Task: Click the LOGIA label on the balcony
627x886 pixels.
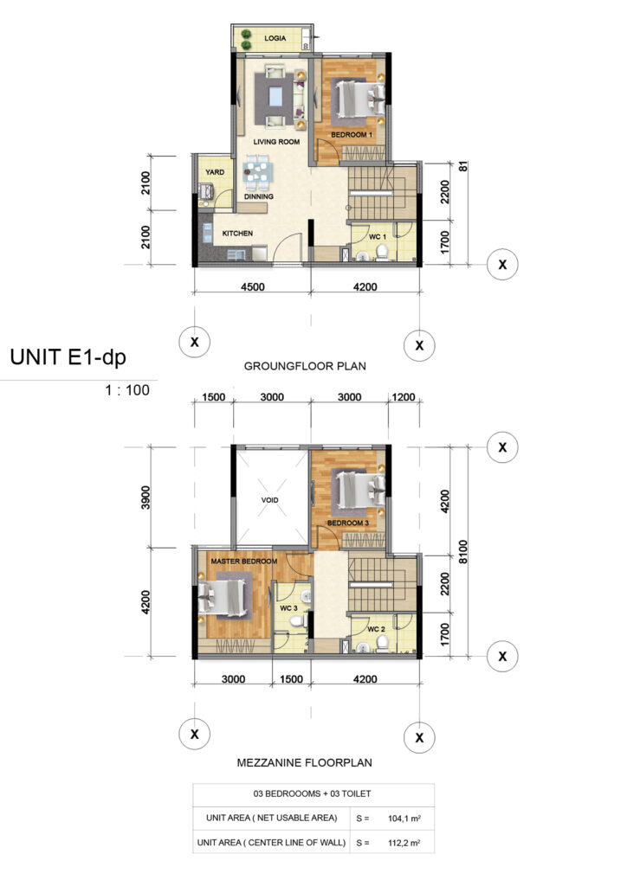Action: coord(275,38)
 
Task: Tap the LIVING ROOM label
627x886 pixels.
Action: coord(276,142)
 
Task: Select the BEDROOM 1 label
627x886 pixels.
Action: coord(352,134)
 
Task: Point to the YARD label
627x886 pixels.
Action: coord(215,172)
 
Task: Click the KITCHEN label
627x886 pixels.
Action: coord(237,233)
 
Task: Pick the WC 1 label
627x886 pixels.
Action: coord(377,237)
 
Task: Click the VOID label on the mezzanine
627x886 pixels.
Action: coord(269,500)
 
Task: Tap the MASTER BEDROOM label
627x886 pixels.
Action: coord(243,561)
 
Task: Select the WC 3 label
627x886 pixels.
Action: coord(288,608)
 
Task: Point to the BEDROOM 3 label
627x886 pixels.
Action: coord(347,523)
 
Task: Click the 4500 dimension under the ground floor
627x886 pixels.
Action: coord(253,287)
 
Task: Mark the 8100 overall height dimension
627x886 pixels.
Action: coord(463,552)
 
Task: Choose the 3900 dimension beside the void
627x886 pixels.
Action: coord(145,498)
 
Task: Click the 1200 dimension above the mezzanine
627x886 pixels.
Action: coord(404,397)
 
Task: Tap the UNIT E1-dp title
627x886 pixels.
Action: coord(68,357)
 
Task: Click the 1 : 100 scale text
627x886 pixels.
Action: coord(127,390)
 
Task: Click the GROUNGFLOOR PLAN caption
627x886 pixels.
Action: coord(305,366)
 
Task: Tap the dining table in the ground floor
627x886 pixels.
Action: coord(257,172)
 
